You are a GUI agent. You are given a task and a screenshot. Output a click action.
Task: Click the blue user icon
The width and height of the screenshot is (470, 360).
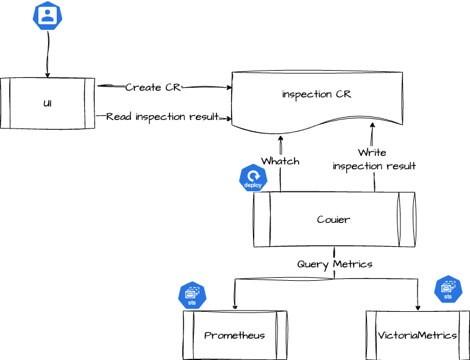[x=48, y=16]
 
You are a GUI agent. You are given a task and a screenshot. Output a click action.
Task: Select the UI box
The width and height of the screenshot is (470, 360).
[x=47, y=103]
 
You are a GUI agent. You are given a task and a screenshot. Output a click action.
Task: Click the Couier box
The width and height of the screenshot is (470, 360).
[x=334, y=219]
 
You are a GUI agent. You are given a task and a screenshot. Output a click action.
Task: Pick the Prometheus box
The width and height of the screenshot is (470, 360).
[x=235, y=335]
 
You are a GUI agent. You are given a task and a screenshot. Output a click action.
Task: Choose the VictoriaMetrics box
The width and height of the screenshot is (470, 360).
[x=418, y=335]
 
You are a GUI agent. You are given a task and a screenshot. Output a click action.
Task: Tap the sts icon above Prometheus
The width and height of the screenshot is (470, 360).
[x=192, y=295]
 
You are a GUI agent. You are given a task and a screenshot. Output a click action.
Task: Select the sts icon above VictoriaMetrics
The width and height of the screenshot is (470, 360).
[x=448, y=290]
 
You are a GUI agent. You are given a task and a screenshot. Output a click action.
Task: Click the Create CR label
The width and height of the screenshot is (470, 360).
[x=153, y=88]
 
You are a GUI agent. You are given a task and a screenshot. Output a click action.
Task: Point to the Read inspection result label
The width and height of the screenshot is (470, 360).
[x=162, y=116]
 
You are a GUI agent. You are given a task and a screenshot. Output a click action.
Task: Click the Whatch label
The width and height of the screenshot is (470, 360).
[x=280, y=161]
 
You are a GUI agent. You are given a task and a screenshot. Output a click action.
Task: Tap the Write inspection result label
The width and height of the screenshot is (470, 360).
[x=374, y=159]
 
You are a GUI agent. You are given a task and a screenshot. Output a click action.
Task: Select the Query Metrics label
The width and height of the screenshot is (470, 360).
[x=335, y=264]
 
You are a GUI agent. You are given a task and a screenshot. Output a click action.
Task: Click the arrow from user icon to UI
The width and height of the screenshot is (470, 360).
[x=48, y=55]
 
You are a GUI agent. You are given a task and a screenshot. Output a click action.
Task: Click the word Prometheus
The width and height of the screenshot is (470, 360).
[x=235, y=336]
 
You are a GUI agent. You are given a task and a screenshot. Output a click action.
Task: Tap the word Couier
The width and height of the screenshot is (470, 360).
[x=334, y=219]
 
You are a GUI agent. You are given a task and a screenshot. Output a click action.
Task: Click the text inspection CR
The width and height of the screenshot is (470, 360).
[x=317, y=94]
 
